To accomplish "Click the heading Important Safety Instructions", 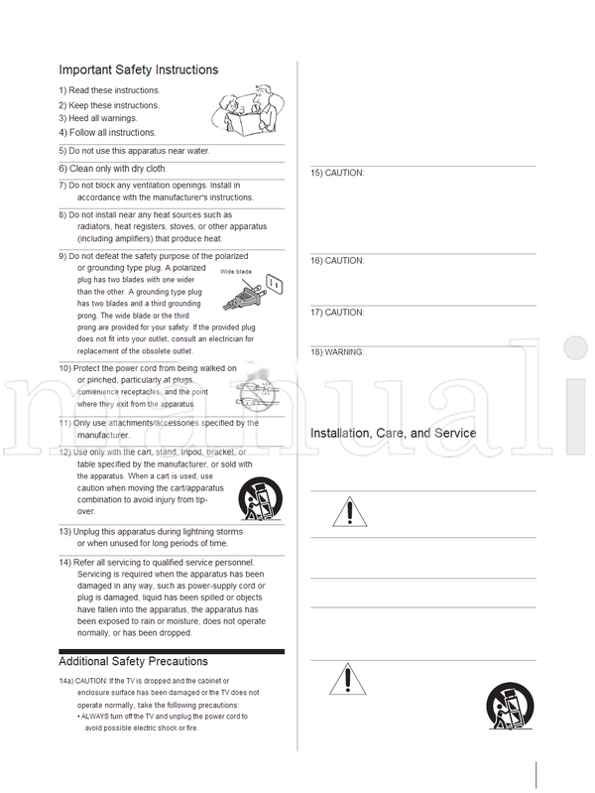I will [x=138, y=69].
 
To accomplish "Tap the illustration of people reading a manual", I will [x=247, y=110].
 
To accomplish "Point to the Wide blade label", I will [x=234, y=270].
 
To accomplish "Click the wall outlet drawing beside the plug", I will [x=274, y=285].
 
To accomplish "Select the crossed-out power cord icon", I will [x=259, y=391].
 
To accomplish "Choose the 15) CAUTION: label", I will [x=338, y=174].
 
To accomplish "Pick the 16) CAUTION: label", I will [x=338, y=261].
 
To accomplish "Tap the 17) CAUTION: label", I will [x=338, y=313].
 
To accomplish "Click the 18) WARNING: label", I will [x=338, y=352].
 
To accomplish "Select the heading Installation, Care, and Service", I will [x=393, y=434].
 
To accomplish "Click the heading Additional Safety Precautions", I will [x=133, y=661].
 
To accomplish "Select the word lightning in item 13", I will [x=211, y=532].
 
